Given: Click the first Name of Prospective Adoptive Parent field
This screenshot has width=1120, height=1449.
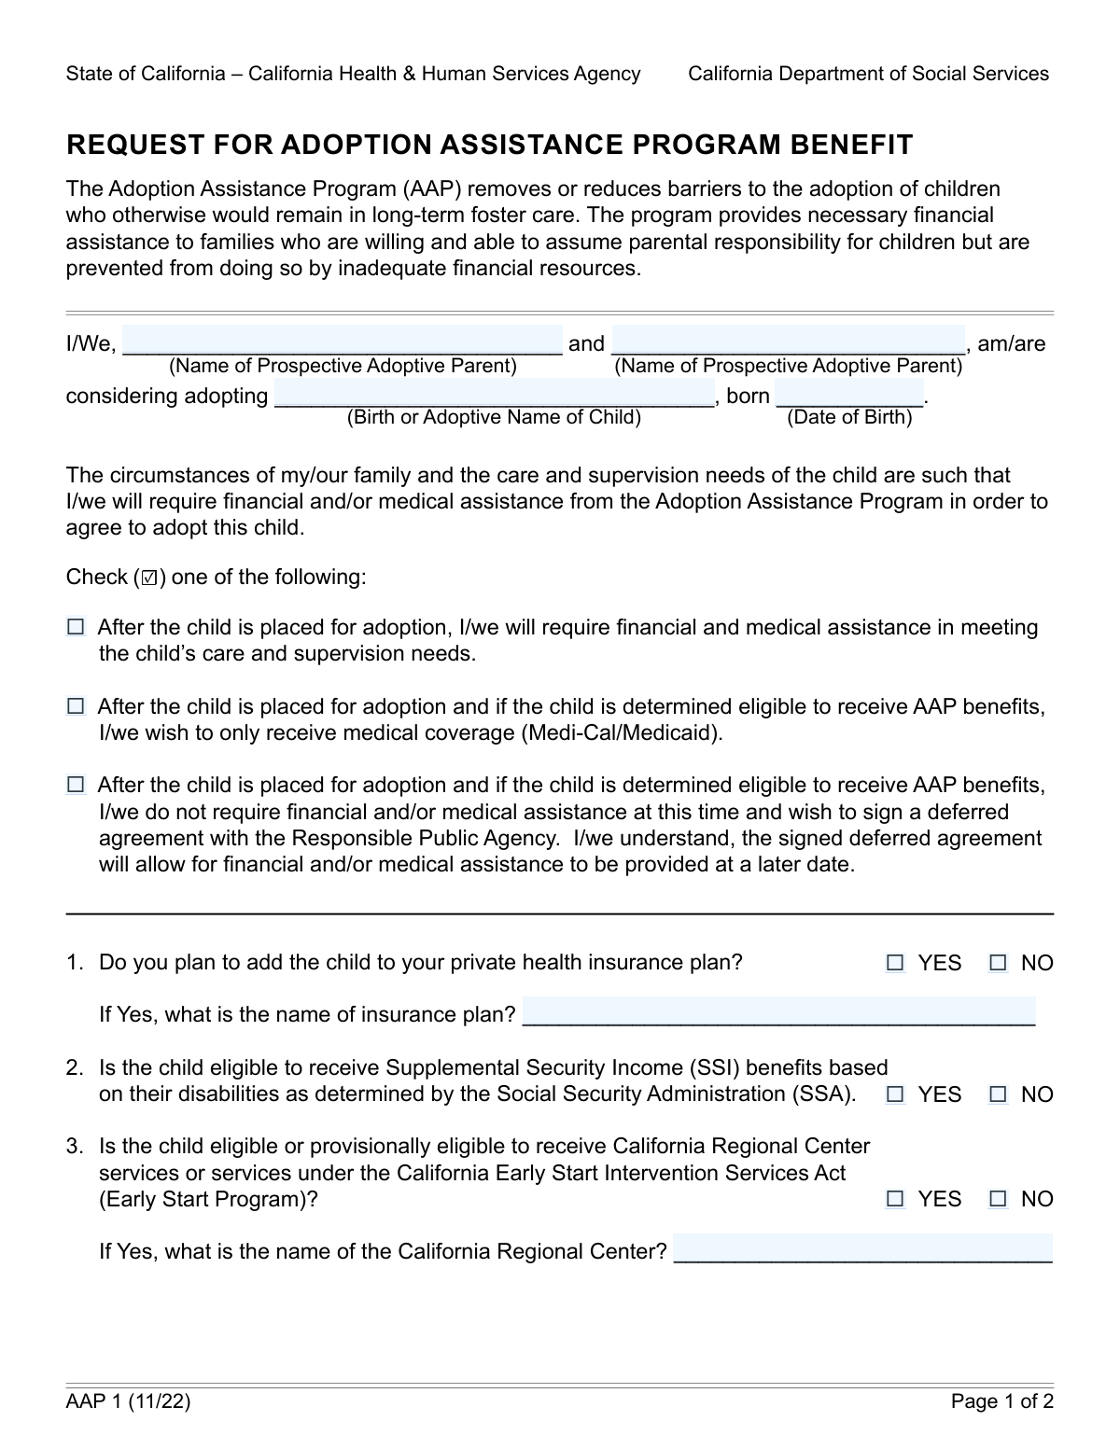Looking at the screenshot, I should pos(343,341).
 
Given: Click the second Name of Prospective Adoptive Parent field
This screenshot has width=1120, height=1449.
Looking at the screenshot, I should pos(788,341).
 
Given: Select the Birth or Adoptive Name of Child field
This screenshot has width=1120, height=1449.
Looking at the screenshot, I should pos(494,394).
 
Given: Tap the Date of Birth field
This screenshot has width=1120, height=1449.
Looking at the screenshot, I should pos(848,394).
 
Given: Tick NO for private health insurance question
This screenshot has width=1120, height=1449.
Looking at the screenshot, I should pos(999,963).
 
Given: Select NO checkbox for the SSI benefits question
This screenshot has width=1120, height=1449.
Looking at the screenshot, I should pos(999,1094).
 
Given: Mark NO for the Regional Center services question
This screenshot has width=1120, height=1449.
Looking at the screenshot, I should pos(999,1199).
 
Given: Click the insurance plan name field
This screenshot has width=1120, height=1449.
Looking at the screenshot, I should pos(778,1012).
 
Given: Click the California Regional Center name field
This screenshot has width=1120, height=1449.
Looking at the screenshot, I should pos(862,1249).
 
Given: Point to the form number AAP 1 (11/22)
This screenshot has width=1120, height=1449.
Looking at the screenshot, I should pos(128,1401).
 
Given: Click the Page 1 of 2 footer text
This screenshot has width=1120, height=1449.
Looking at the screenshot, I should pos(1002,1401).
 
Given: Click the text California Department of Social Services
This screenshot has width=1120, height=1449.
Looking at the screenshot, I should pos(868,74).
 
